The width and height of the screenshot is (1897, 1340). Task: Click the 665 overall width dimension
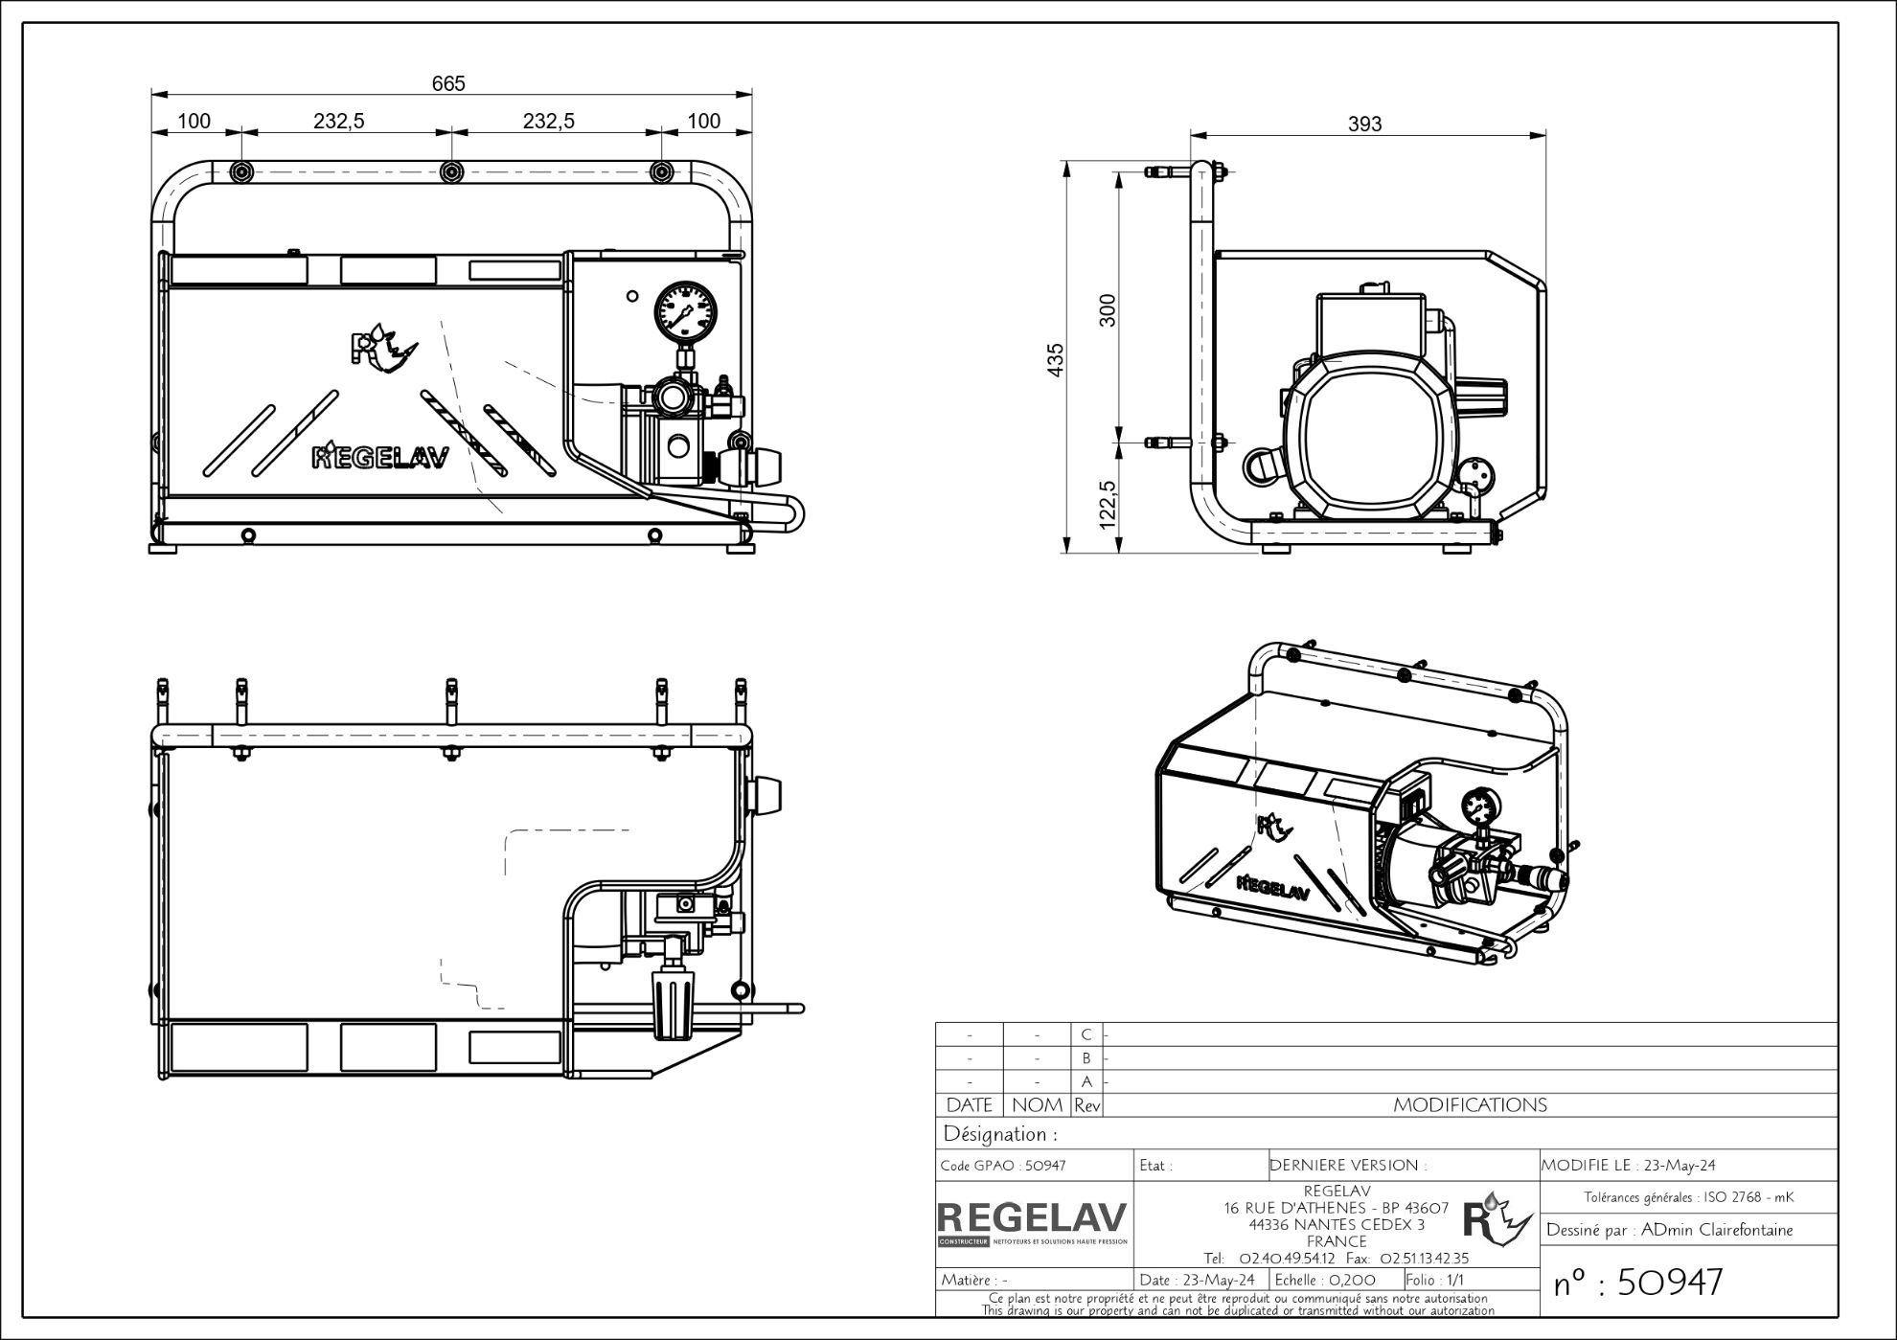point(448,83)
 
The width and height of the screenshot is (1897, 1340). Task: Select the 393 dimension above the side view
point(1365,124)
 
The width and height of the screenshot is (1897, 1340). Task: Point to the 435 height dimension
point(1056,360)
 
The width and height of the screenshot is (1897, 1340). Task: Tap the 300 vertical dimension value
point(1108,310)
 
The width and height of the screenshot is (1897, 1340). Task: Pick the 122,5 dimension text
point(1108,504)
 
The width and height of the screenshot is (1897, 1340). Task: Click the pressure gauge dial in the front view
point(685,311)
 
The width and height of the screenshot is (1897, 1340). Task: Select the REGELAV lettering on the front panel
point(380,458)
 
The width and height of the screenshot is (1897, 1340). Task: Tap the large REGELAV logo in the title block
point(1032,1218)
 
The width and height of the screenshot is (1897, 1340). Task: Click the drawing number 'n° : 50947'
point(1637,1283)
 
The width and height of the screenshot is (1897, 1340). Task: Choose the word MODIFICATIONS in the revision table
point(1470,1105)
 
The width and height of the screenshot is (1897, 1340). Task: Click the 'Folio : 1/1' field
point(1435,1280)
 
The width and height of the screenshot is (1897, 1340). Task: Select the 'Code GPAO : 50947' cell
point(1003,1166)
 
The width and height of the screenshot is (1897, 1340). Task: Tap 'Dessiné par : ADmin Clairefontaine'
point(1669,1230)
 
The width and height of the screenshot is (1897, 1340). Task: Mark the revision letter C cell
point(1086,1034)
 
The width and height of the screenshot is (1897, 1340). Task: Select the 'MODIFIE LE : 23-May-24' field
point(1628,1166)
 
